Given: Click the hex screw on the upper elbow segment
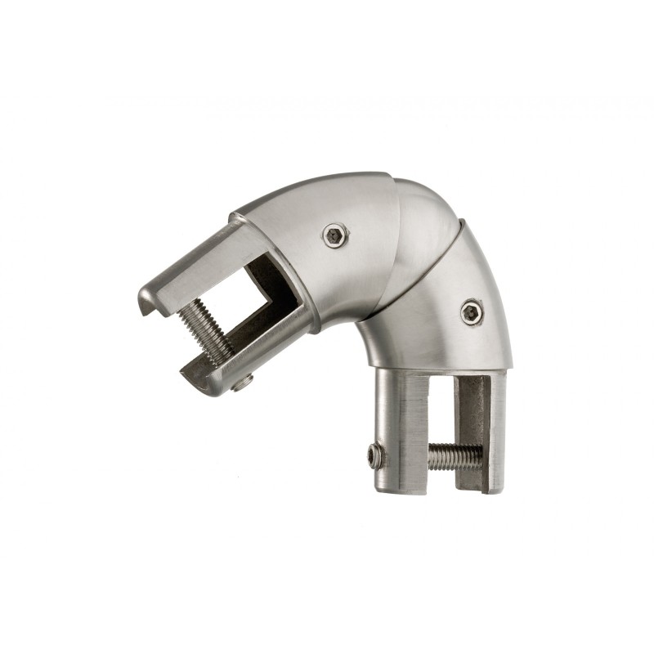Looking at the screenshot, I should (334, 235).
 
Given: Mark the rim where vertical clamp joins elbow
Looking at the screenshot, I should (441, 368).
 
